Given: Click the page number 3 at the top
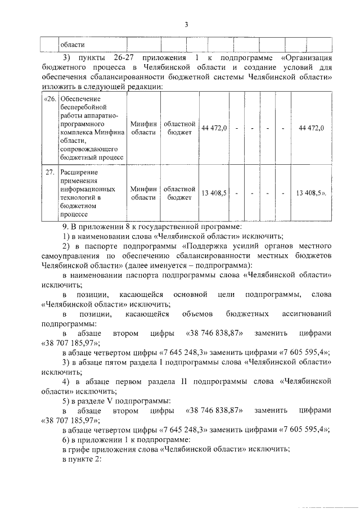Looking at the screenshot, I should tap(186, 24).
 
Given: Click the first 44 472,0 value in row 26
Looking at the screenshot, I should tap(214, 128).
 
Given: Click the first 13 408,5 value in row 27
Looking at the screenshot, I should tap(214, 193).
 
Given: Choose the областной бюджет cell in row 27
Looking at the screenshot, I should tap(179, 193).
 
